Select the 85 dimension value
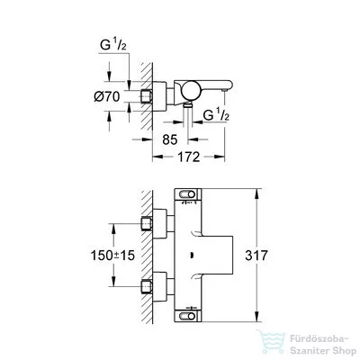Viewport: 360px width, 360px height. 168,140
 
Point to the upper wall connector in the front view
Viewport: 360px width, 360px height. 148,222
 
